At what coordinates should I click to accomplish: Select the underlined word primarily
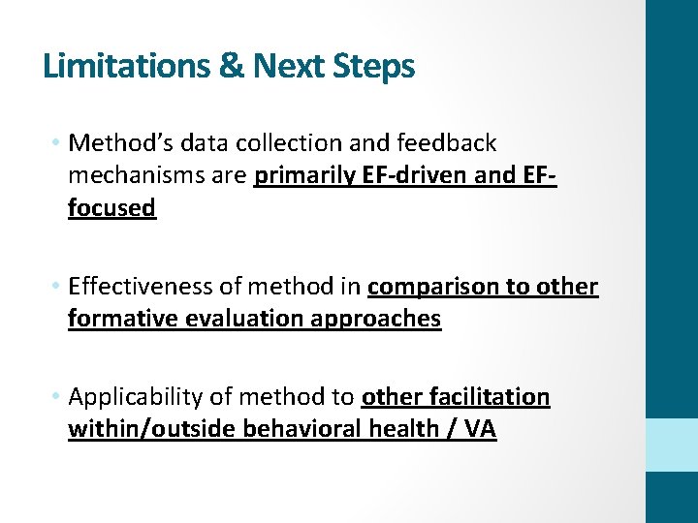pos(302,176)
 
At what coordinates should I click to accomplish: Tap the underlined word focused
pos(111,208)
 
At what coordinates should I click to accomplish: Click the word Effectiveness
pos(133,288)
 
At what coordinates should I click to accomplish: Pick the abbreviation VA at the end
pos(480,429)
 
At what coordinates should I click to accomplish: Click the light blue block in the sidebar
pos(672,446)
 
